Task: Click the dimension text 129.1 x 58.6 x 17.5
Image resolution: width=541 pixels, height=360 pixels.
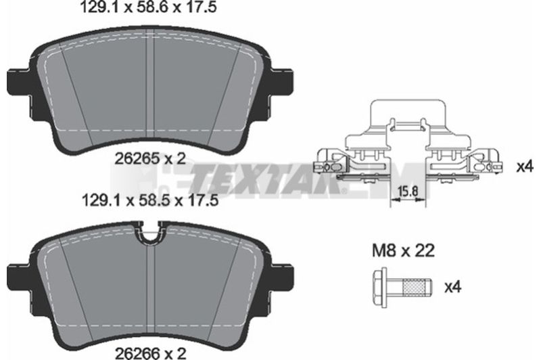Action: pyautogui.click(x=148, y=7)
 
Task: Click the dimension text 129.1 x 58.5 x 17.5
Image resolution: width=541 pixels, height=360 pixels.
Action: pyautogui.click(x=150, y=200)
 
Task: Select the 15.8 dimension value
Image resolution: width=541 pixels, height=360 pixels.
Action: pyautogui.click(x=408, y=191)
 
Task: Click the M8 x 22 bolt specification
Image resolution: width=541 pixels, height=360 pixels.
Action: pyautogui.click(x=403, y=250)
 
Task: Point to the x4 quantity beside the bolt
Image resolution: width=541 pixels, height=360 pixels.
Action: pyautogui.click(x=453, y=287)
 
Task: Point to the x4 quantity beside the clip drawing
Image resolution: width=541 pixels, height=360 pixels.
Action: pyautogui.click(x=525, y=167)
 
